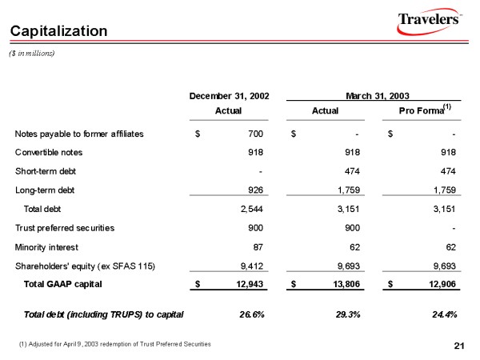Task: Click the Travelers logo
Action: [429, 22]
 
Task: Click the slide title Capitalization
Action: [58, 31]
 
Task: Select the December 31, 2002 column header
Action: [229, 96]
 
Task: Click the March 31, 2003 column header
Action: [370, 96]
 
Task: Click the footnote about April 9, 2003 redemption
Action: [114, 343]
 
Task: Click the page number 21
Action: [458, 345]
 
